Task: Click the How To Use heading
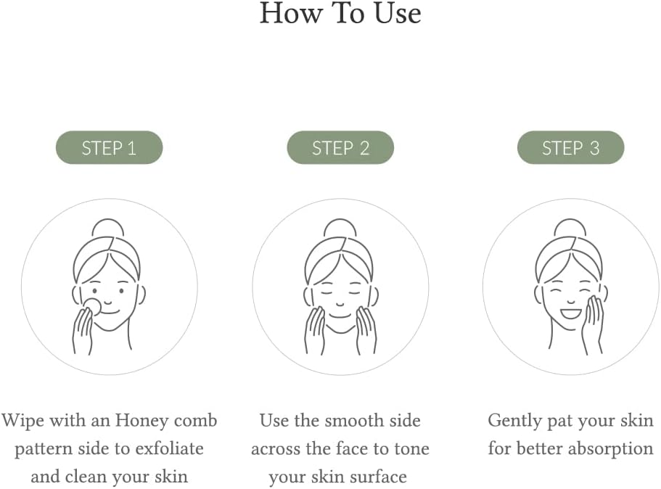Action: [340, 14]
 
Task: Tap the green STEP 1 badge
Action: [109, 148]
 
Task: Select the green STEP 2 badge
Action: [340, 148]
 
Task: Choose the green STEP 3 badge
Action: [570, 148]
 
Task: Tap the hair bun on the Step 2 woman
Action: [340, 228]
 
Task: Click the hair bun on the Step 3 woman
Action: [570, 228]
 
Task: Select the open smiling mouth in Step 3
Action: [571, 313]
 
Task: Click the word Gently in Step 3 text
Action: [515, 421]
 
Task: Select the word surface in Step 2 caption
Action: [374, 477]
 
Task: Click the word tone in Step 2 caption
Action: [412, 449]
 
